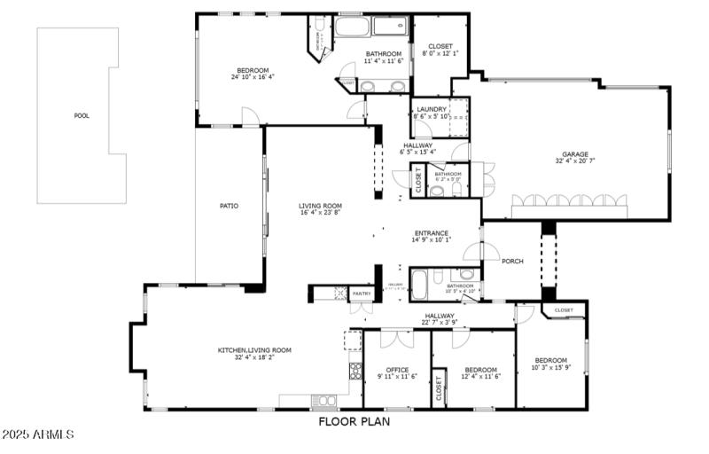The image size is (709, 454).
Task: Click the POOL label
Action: click(82, 115)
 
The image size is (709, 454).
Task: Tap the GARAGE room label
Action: click(574, 154)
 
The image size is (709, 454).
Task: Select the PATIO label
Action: click(229, 206)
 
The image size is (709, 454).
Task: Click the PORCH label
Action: click(512, 261)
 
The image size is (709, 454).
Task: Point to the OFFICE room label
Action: click(397, 370)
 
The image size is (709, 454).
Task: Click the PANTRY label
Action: click(361, 293)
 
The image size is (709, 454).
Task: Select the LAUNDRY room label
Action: click(432, 109)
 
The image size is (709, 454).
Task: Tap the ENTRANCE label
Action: click(432, 233)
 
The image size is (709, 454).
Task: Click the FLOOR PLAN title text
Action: click(354, 422)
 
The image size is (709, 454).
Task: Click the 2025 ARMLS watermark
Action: click(38, 435)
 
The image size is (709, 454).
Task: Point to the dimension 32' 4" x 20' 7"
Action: click(574, 161)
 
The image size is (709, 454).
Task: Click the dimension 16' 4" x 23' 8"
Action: click(320, 213)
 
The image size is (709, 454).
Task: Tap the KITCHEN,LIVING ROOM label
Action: click(254, 350)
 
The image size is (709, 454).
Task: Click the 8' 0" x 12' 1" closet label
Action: click(440, 53)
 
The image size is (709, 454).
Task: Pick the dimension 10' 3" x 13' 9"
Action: click(550, 367)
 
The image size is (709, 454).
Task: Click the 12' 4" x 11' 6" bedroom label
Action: click(480, 377)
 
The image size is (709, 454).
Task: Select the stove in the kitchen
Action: click(354, 371)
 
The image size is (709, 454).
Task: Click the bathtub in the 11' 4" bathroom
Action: click(354, 27)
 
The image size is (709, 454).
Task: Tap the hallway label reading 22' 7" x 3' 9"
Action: click(440, 322)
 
